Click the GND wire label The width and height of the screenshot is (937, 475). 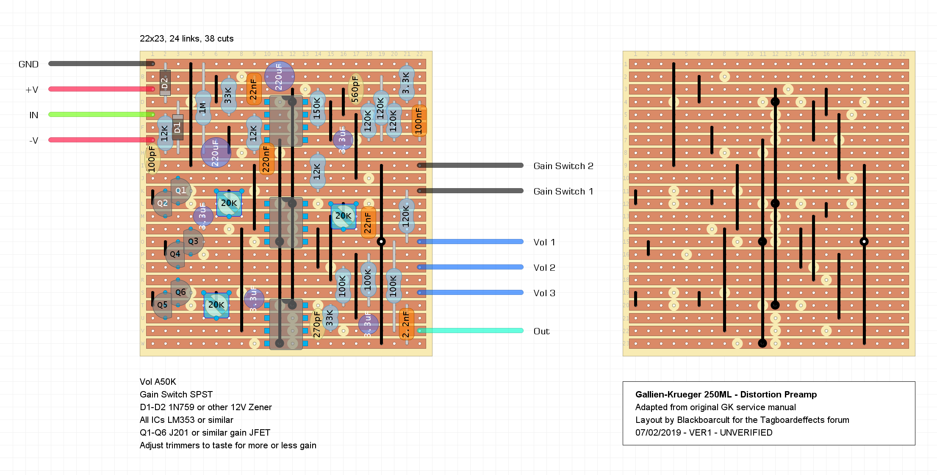(x=28, y=64)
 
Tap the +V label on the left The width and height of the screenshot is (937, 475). (x=32, y=90)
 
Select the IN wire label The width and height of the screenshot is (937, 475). (x=33, y=115)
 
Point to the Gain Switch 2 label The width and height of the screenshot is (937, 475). (x=563, y=166)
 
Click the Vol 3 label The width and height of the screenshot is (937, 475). (x=544, y=293)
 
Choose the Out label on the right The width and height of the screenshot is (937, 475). (x=541, y=331)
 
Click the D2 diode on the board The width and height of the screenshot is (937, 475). (x=165, y=83)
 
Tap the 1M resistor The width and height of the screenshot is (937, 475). (x=203, y=108)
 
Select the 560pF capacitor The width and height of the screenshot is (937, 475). (x=355, y=89)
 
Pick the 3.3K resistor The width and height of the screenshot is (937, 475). (x=406, y=83)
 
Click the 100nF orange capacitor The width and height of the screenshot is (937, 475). (x=419, y=121)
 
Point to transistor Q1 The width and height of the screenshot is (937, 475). (x=181, y=191)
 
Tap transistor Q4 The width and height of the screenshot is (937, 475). (x=175, y=254)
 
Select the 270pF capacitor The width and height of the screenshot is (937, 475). (x=317, y=325)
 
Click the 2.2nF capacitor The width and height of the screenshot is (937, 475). (x=406, y=324)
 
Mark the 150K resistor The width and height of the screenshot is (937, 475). (x=317, y=108)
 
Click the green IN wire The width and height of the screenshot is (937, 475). (x=102, y=114)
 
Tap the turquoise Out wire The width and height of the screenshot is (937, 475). (x=470, y=331)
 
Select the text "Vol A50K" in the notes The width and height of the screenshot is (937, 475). (x=158, y=382)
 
